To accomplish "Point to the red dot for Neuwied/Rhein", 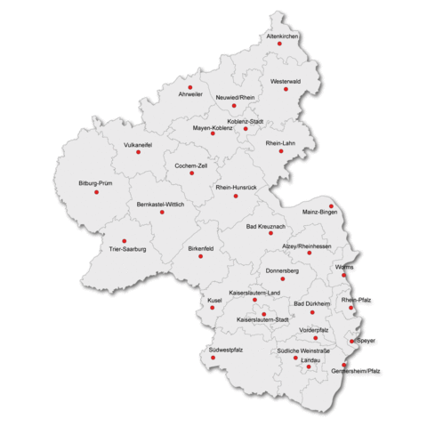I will [234, 105].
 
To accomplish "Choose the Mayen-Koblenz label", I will [213, 128].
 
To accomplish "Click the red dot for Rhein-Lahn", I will [281, 150].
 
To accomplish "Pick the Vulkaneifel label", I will [138, 143].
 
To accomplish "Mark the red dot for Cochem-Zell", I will [191, 173].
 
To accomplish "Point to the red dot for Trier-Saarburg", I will [124, 241].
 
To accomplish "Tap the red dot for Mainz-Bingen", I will [332, 205].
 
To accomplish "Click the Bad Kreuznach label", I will [265, 228].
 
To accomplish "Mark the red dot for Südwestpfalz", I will [213, 358].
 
